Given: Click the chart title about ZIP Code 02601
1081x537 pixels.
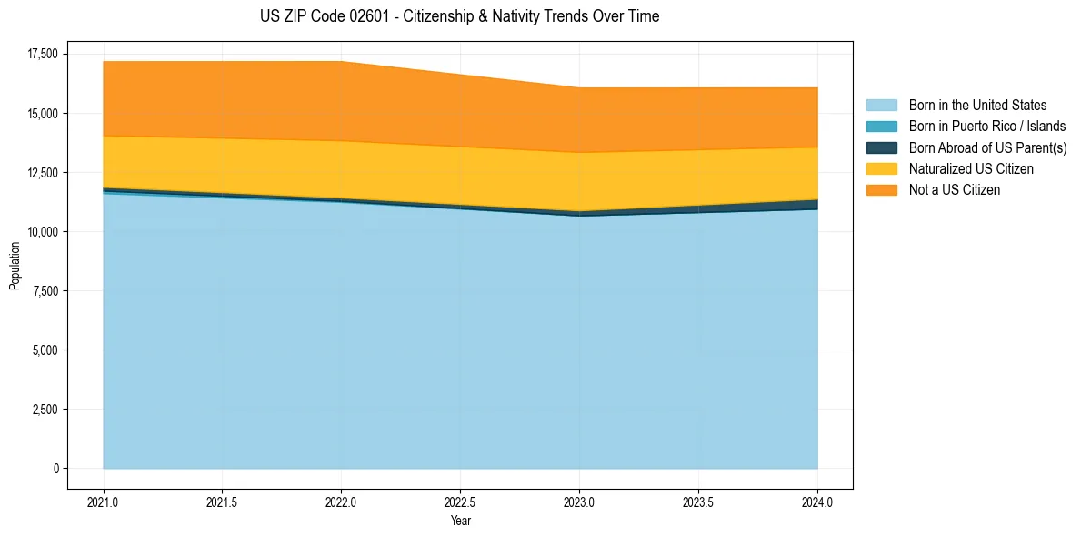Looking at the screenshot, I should pyautogui.click(x=459, y=16).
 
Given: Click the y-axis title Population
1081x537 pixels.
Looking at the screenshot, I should pyautogui.click(x=15, y=266).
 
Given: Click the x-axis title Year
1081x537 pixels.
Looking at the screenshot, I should pyautogui.click(x=460, y=521).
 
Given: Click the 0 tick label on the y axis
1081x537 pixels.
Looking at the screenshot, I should pyautogui.click(x=55, y=469).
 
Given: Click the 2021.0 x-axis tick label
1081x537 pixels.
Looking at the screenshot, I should pyautogui.click(x=104, y=502).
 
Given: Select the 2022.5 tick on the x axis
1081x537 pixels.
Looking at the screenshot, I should pyautogui.click(x=460, y=502).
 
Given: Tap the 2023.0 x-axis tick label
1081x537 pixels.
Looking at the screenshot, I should pyautogui.click(x=579, y=502).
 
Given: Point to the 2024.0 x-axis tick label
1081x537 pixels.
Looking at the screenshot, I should pyautogui.click(x=817, y=502).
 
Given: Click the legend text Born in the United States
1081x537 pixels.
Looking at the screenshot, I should pyautogui.click(x=977, y=106).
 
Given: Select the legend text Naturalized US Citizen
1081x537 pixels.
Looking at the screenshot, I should pyautogui.click(x=971, y=169).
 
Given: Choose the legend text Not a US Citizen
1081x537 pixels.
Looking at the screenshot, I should pyautogui.click(x=954, y=190).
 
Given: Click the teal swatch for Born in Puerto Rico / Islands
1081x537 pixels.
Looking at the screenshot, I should pyautogui.click(x=881, y=127).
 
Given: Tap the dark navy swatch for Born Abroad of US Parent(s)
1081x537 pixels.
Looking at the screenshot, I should pyautogui.click(x=881, y=147).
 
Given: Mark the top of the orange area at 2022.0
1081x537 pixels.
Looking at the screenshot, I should pyautogui.click(x=341, y=62).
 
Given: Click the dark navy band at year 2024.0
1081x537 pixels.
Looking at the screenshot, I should pyautogui.click(x=816, y=205).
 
